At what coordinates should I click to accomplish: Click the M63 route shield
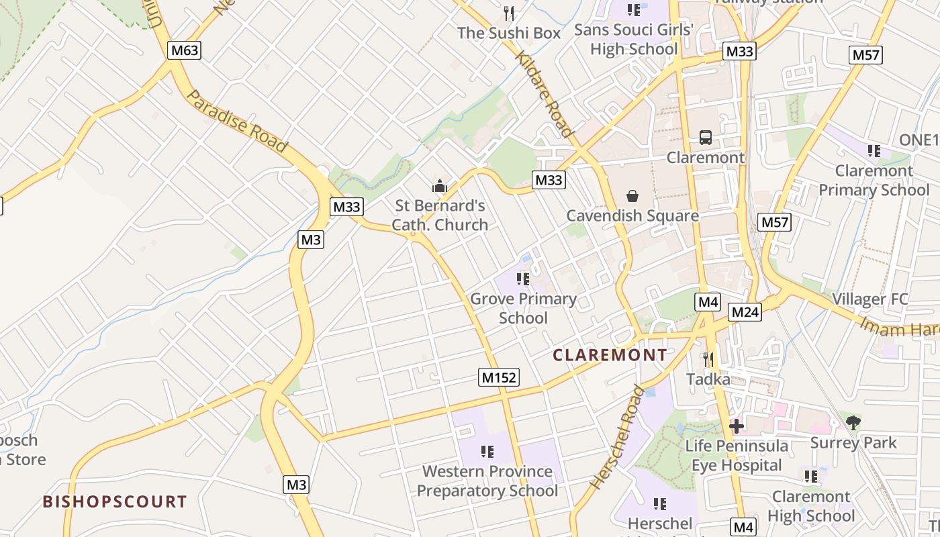(184, 50)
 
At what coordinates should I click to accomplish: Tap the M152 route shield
(500, 377)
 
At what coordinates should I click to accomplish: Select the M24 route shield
(745, 311)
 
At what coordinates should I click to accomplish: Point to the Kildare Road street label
(545, 93)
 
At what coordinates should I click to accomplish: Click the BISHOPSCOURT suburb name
(115, 501)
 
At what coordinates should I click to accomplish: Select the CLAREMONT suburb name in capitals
(610, 355)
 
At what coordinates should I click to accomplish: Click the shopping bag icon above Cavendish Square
(632, 196)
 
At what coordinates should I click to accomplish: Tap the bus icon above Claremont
(705, 138)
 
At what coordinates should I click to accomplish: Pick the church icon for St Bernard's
(440, 185)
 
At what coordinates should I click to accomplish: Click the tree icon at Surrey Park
(853, 422)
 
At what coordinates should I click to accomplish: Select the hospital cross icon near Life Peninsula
(736, 426)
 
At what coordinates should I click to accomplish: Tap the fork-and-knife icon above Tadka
(708, 360)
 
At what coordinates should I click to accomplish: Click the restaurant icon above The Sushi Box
(509, 13)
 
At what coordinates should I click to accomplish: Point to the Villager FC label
(869, 299)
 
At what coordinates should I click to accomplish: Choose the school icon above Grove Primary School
(523, 279)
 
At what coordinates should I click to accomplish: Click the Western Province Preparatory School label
(487, 481)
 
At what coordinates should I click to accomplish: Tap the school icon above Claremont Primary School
(874, 150)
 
